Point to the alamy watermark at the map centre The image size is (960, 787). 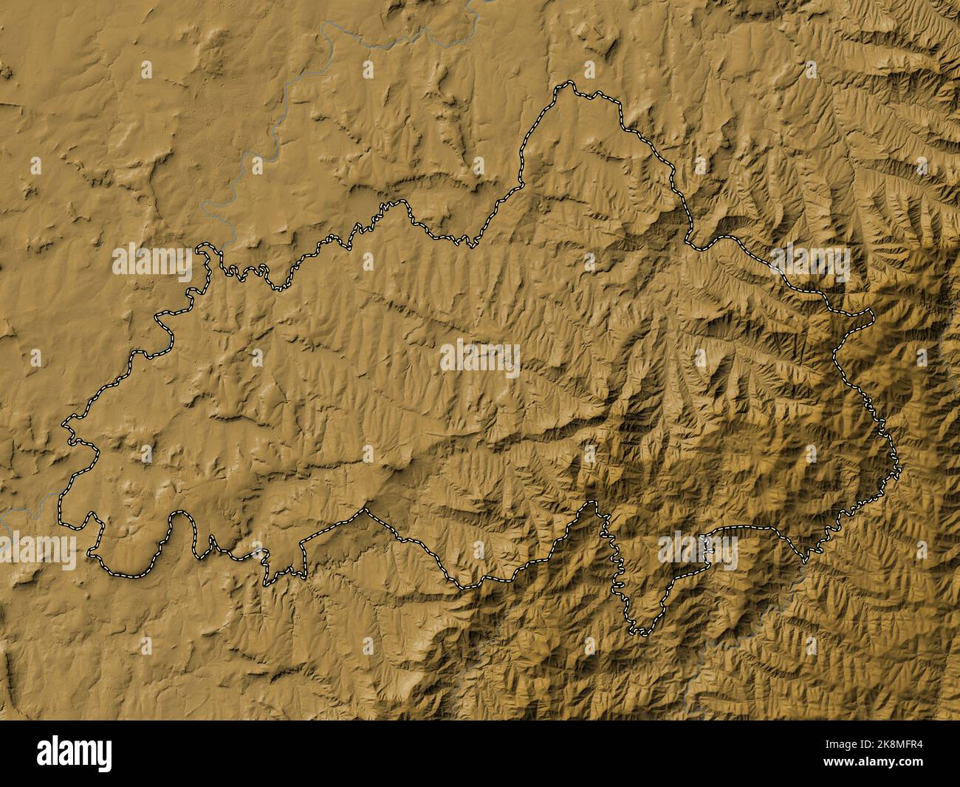point(480,358)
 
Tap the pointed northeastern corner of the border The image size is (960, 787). point(871,315)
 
